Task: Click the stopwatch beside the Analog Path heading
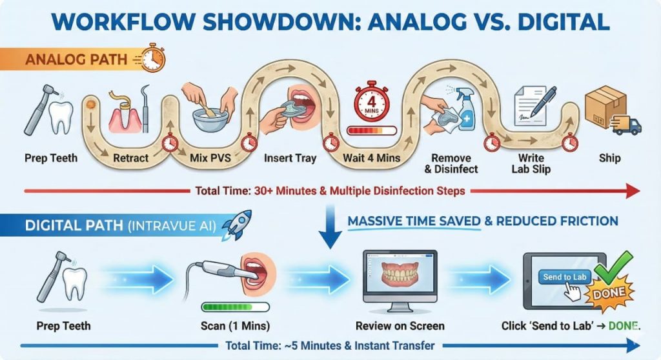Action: coord(152,58)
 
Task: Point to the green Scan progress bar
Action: coord(232,307)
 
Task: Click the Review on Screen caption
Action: coord(400,325)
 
